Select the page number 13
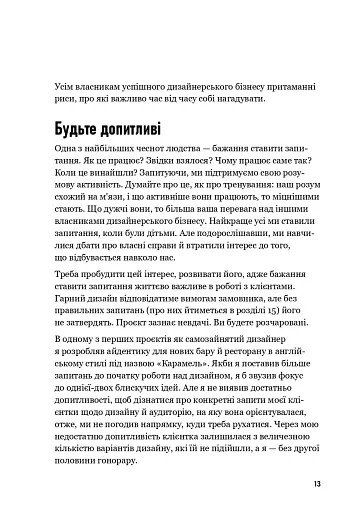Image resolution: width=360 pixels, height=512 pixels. click(x=312, y=485)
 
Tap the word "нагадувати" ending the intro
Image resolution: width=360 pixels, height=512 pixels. click(x=232, y=102)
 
